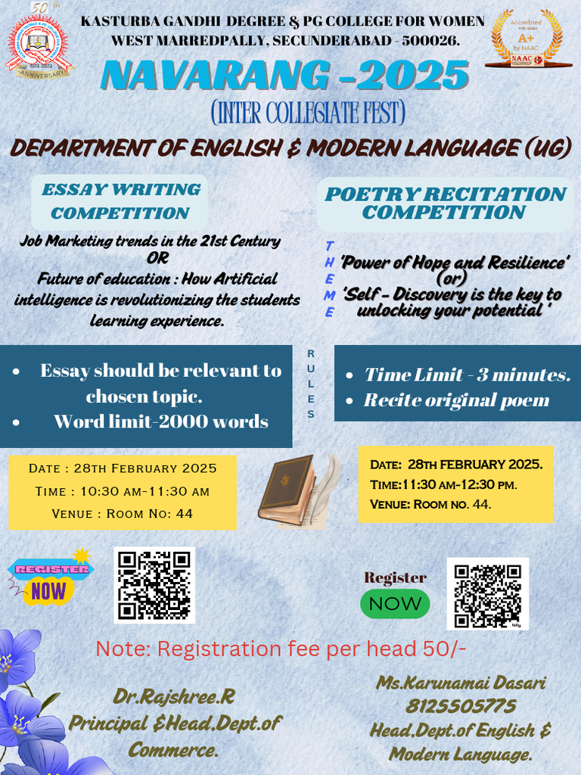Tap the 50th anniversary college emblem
[x=39, y=47]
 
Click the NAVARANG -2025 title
[x=285, y=76]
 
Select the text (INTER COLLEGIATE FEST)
[x=307, y=114]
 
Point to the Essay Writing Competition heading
[x=121, y=201]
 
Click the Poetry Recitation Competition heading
[x=445, y=203]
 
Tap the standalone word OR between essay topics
[x=157, y=258]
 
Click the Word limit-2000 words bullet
[x=160, y=422]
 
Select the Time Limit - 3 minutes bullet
[x=467, y=375]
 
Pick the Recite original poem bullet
[x=456, y=400]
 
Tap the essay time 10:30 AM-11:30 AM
[x=123, y=491]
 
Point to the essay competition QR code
[x=154, y=584]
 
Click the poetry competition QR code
[x=487, y=593]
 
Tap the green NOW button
[x=395, y=604]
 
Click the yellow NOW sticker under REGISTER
[x=48, y=590]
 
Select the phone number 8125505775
[x=461, y=707]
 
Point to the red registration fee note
[x=281, y=649]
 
